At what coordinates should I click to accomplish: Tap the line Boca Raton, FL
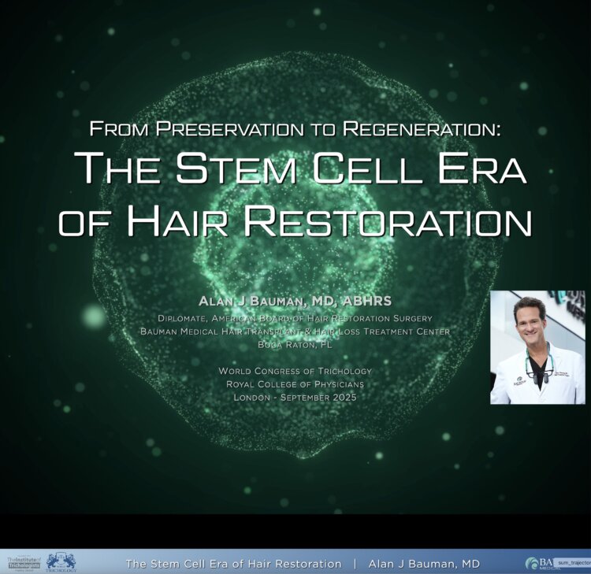295,344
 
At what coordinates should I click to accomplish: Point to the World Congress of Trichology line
295,371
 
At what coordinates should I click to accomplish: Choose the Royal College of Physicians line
295,384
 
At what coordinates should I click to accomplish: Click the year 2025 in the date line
342,398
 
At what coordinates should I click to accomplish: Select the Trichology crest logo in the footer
61,561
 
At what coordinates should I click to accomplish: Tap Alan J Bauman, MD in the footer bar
424,564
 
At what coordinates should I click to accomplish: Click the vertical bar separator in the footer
355,564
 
